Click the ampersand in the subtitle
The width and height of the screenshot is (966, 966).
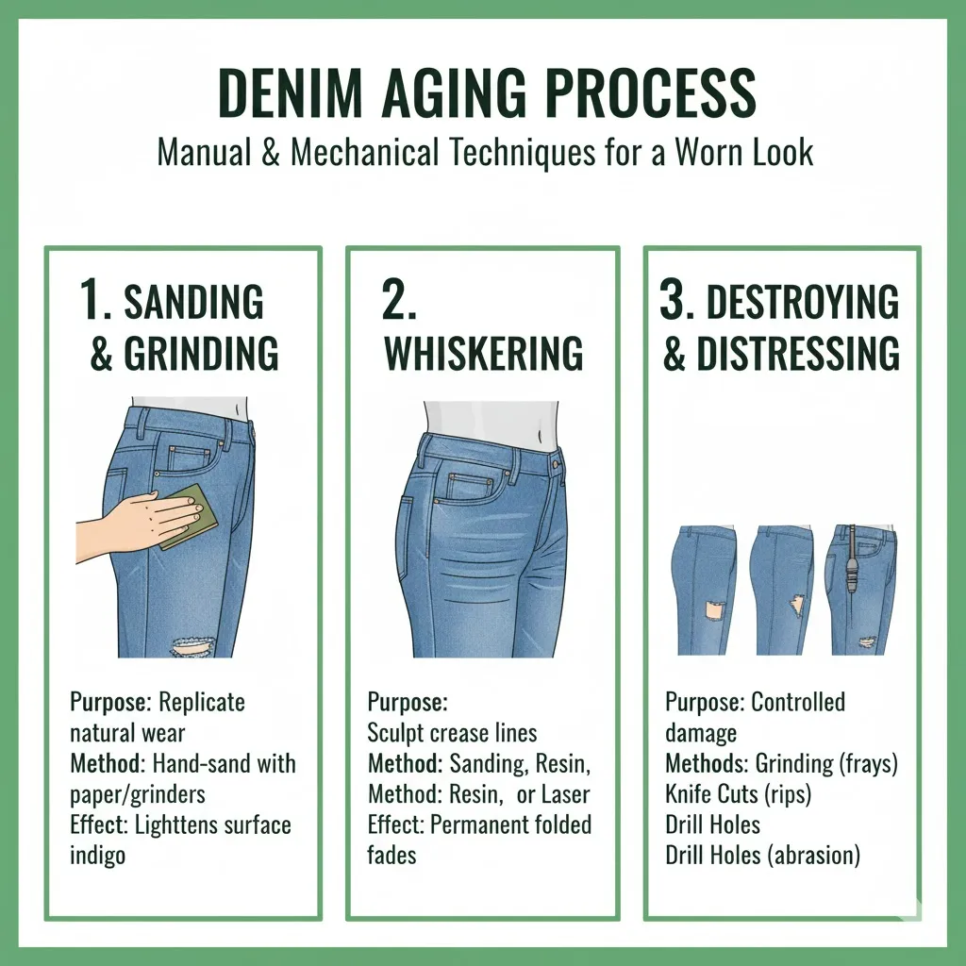click(271, 152)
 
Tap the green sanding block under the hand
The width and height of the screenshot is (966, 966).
click(191, 516)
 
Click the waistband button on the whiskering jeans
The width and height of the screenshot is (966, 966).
click(557, 462)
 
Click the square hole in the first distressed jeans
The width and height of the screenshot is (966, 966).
click(715, 609)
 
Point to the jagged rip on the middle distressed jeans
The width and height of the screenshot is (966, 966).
click(798, 605)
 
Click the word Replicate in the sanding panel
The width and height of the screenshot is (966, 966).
click(202, 702)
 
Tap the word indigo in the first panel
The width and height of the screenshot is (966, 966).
click(98, 855)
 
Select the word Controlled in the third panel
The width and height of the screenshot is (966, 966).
click(798, 702)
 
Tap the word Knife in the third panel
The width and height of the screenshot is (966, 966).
click(686, 794)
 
